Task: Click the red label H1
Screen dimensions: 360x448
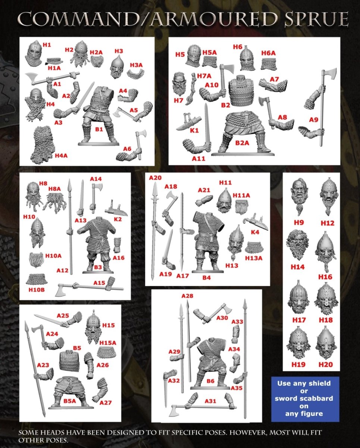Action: (x=47, y=45)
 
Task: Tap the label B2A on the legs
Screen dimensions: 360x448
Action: (x=242, y=143)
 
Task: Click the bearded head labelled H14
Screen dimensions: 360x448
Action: (x=297, y=245)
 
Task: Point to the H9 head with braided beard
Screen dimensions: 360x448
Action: (x=299, y=196)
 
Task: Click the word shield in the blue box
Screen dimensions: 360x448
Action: (x=319, y=383)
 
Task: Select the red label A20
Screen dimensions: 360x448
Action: (x=155, y=178)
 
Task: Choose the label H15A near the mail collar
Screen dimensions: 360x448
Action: (x=108, y=343)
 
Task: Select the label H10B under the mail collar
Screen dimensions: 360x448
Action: (x=37, y=290)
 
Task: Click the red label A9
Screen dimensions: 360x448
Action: (x=314, y=119)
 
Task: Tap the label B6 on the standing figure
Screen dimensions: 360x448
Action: (x=210, y=381)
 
